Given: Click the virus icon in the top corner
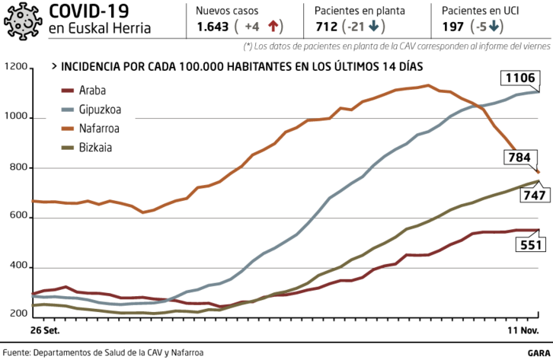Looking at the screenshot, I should [23, 21].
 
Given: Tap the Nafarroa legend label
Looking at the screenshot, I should [100, 129].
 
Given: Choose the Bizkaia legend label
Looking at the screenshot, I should [96, 148].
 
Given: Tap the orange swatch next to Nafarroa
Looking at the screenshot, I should [67, 129].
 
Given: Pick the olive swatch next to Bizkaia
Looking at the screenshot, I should [67, 148].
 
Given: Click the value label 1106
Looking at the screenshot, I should [520, 78].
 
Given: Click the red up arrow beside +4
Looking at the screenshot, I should [274, 26].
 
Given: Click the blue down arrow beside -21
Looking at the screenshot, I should [375, 26].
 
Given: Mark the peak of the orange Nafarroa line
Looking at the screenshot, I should [428, 84].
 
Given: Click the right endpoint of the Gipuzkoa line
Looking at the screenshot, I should [539, 91].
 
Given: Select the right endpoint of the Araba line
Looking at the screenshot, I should [539, 230].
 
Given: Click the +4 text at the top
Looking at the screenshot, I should [252, 27].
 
